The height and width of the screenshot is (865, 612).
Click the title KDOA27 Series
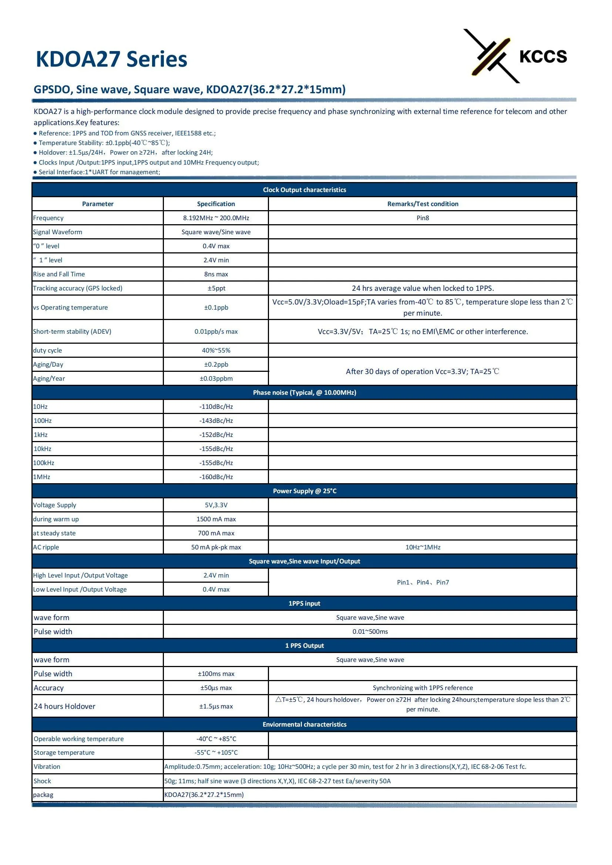tap(111, 59)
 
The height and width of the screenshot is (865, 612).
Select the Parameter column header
tap(98, 204)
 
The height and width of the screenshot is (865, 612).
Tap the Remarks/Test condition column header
tap(423, 204)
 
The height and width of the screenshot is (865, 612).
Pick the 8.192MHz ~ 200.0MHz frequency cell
tap(216, 218)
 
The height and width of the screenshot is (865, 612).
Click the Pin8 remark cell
tap(423, 218)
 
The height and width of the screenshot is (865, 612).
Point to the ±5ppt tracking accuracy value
tap(216, 288)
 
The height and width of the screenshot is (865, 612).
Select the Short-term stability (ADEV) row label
tap(72, 331)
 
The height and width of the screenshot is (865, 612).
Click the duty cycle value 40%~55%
tap(216, 350)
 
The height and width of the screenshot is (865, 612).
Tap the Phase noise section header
tap(304, 393)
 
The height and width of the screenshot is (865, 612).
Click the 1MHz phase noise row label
tap(41, 477)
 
